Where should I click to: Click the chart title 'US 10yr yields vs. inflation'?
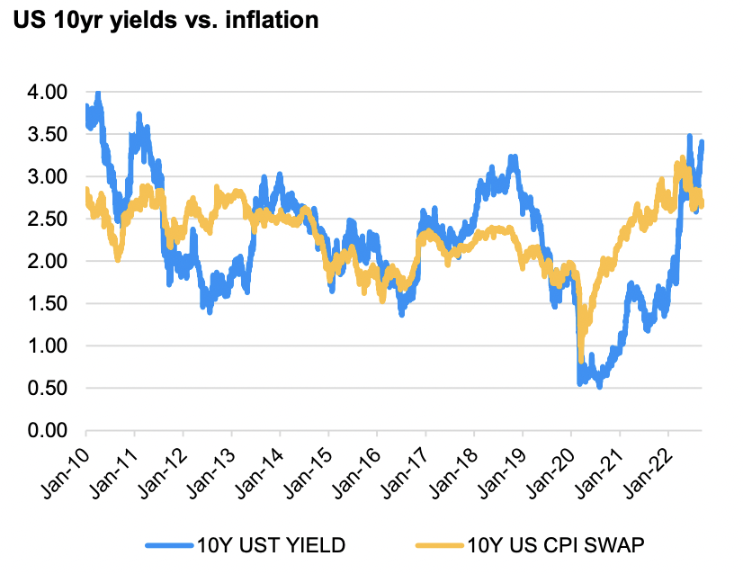166,20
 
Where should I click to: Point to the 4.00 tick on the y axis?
48,92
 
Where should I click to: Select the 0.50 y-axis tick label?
48,389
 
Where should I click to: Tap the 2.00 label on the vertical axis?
48,262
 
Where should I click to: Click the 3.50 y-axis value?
48,134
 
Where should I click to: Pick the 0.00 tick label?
48,431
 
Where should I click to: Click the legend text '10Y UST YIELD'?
270,545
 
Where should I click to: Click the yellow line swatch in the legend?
438,545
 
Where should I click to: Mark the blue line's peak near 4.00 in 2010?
97,94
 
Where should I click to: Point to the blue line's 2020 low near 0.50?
599,384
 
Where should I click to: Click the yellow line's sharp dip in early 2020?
582,357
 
